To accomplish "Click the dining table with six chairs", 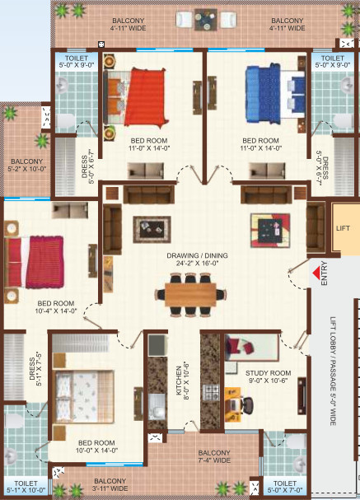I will click(195, 292).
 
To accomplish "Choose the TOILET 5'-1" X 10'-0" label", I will click(26, 488).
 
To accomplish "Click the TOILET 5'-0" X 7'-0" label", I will click(285, 488).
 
